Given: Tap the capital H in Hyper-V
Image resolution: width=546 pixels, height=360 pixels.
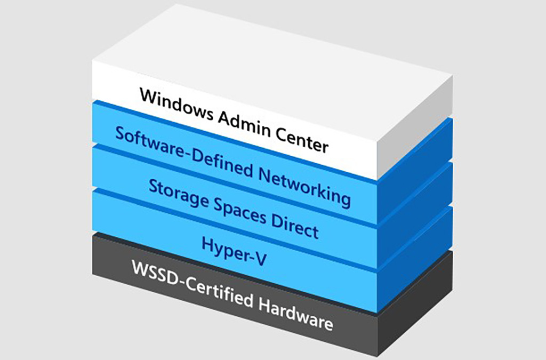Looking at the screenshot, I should (208, 244).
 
